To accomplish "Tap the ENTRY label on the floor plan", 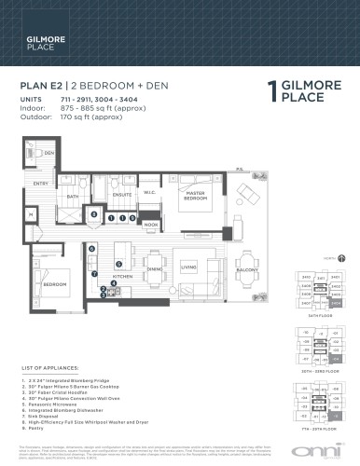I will pos(40,184).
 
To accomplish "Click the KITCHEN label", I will pos(124,277).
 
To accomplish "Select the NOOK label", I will pos(151,225).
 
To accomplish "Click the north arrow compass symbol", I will pos(340,257).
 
